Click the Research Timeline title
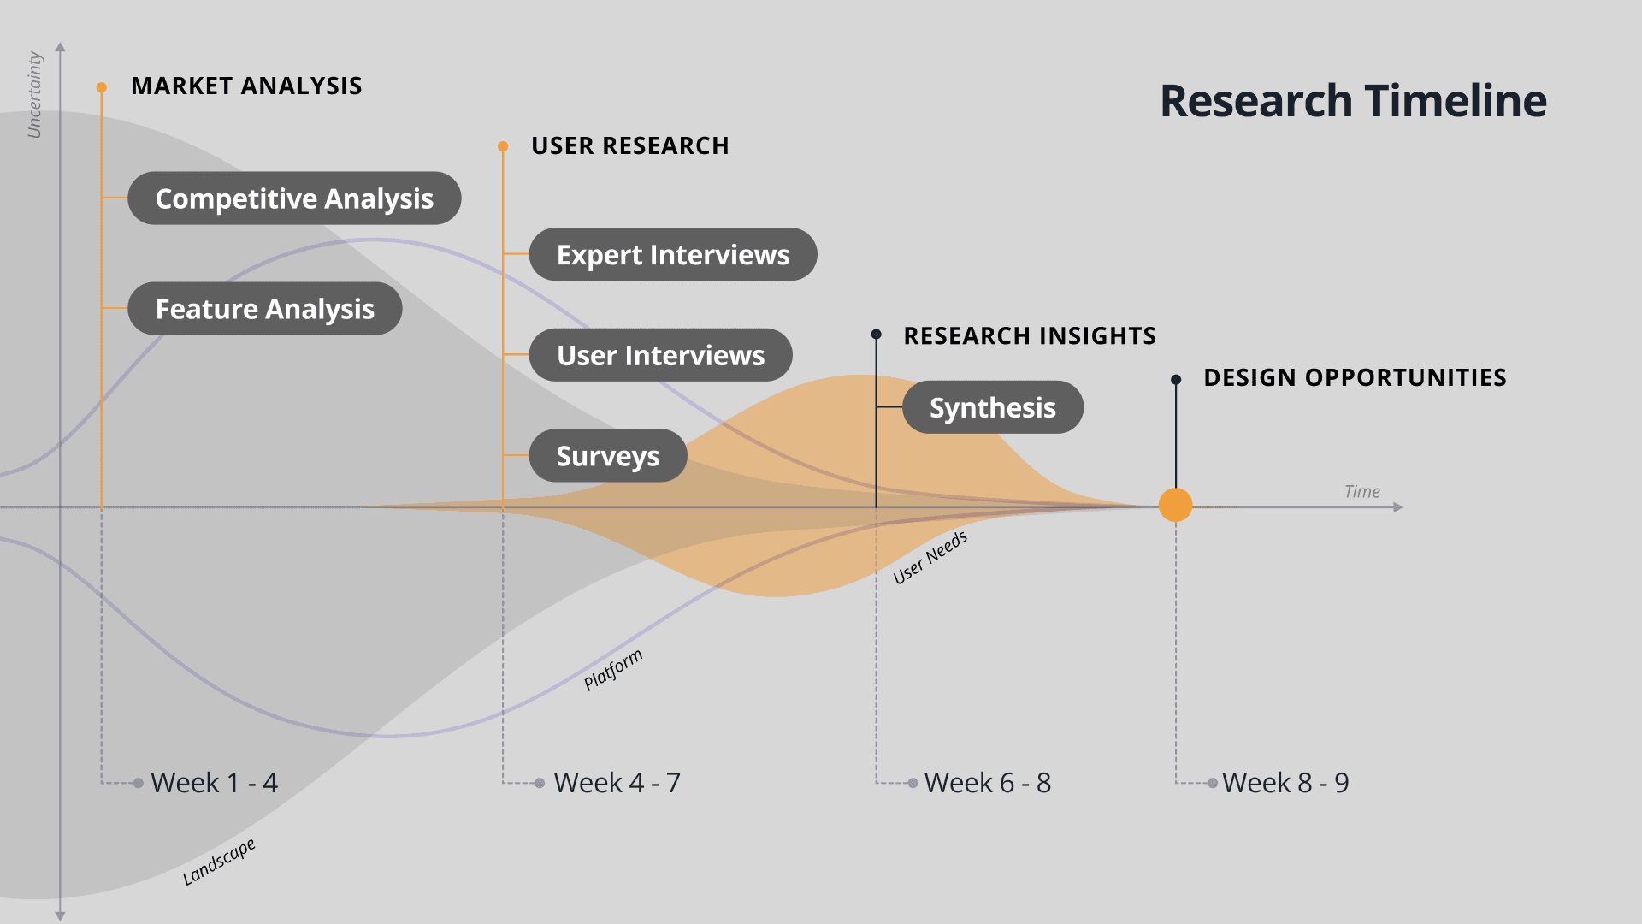(1353, 101)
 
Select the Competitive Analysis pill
(294, 198)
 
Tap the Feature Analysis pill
(265, 309)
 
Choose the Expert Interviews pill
(673, 255)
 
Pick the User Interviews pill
(660, 355)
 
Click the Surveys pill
(608, 456)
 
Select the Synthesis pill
(993, 407)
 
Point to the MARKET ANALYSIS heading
(246, 86)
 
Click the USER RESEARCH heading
(629, 145)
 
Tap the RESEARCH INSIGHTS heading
(1030, 335)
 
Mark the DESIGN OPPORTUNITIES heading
(1355, 377)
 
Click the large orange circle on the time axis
(1175, 505)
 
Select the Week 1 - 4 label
(214, 783)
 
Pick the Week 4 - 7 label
(617, 783)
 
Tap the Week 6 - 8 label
(988, 783)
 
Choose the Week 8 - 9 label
(1285, 783)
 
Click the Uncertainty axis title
(34, 94)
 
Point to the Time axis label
(1361, 491)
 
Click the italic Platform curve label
(612, 670)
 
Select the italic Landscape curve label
(219, 862)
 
